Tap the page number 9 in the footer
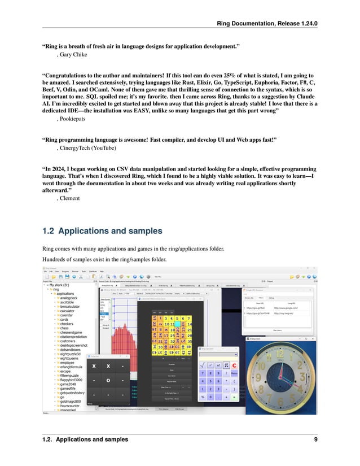(316, 439)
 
